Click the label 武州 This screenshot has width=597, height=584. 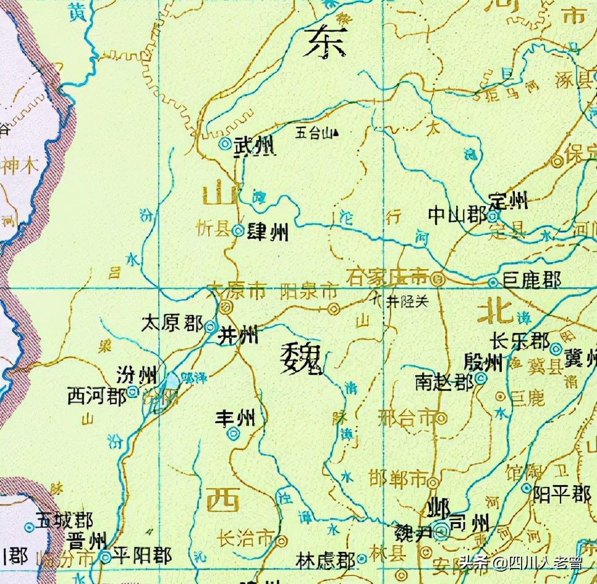point(255,146)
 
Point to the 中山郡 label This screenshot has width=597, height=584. point(457,215)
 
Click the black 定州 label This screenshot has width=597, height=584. point(509,200)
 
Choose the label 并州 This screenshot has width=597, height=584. point(239,336)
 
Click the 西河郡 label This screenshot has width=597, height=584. point(97,396)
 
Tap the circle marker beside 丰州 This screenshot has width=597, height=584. point(234,434)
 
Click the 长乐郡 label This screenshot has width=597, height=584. point(519,341)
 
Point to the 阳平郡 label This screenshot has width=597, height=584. point(562,494)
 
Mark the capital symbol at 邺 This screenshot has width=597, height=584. point(441,530)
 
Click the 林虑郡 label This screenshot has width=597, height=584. point(325,560)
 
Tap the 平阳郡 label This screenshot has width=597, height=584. point(143,556)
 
